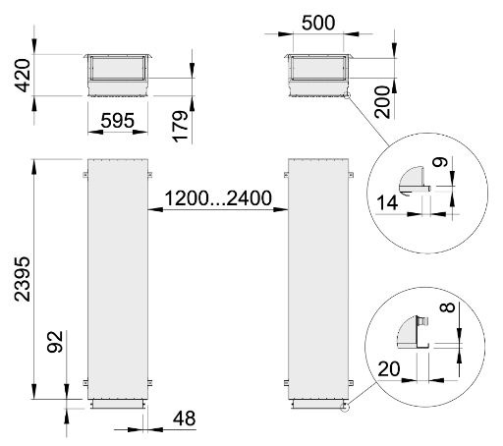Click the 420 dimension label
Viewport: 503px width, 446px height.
pos(22,76)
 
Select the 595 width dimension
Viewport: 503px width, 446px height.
pos(118,120)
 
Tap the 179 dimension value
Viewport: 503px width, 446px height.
pos(181,127)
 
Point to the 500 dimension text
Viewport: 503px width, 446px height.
pos(318,23)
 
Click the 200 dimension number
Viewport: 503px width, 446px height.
pos(382,102)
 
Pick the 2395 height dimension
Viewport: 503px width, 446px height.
pos(22,279)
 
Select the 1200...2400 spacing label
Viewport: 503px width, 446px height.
pos(218,198)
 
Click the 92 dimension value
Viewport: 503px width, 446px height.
pos(55,342)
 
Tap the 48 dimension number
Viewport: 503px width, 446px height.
pos(185,418)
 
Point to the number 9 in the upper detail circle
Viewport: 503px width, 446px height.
pos(439,162)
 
